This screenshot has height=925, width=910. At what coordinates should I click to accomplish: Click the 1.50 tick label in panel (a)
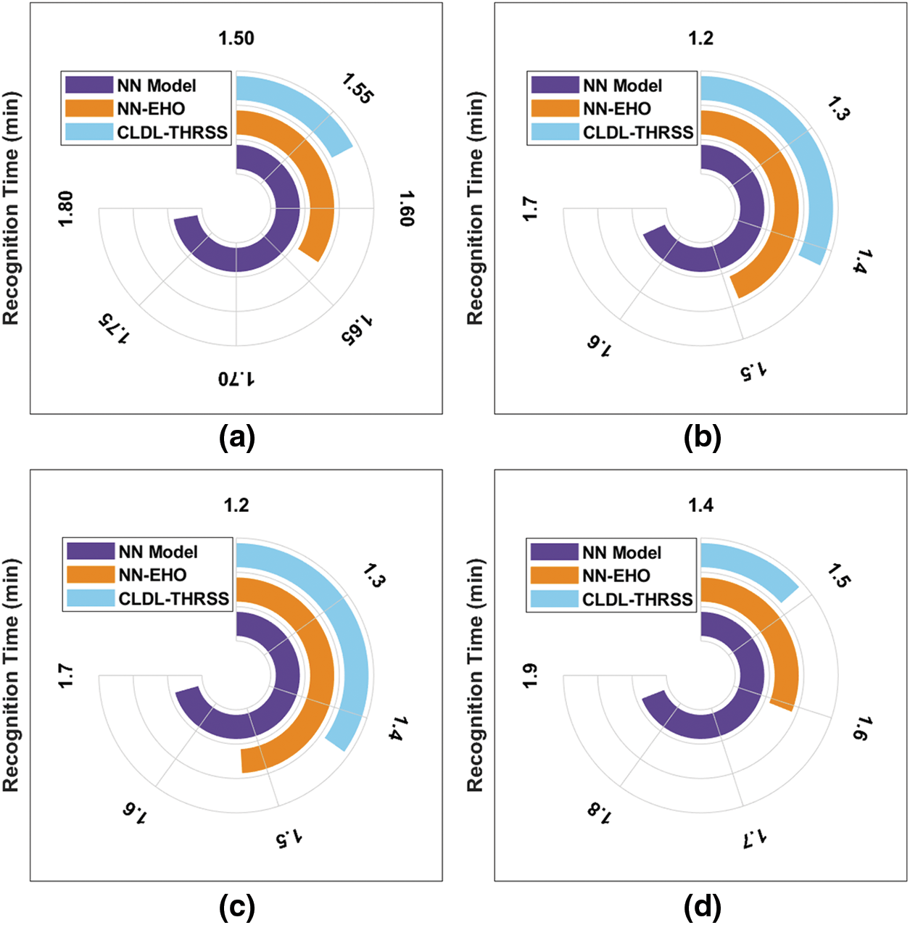pyautogui.click(x=236, y=38)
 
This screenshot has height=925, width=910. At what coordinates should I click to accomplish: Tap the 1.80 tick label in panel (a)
pyautogui.click(x=65, y=208)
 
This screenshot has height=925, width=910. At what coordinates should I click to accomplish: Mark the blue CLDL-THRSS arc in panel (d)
pyautogui.click(x=754, y=565)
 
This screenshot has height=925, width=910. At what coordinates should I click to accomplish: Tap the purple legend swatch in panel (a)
pyautogui.click(x=88, y=85)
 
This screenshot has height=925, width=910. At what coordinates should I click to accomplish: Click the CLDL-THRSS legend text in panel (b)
pyautogui.click(x=638, y=132)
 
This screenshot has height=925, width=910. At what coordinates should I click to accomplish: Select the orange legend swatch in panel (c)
pyautogui.click(x=90, y=575)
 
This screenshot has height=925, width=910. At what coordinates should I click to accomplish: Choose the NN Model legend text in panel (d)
pyautogui.click(x=621, y=552)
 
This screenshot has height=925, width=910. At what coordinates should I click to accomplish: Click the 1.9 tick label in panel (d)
pyautogui.click(x=530, y=675)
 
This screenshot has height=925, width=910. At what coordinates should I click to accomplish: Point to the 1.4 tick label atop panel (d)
pyautogui.click(x=700, y=505)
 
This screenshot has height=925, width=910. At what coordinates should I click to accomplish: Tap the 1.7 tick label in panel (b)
pyautogui.click(x=530, y=209)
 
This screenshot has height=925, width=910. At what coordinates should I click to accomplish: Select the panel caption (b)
pyautogui.click(x=702, y=438)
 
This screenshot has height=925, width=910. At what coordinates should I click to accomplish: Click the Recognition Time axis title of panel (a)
pyautogui.click(x=10, y=208)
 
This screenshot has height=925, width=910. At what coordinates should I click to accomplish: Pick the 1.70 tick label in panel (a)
pyautogui.click(x=236, y=378)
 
